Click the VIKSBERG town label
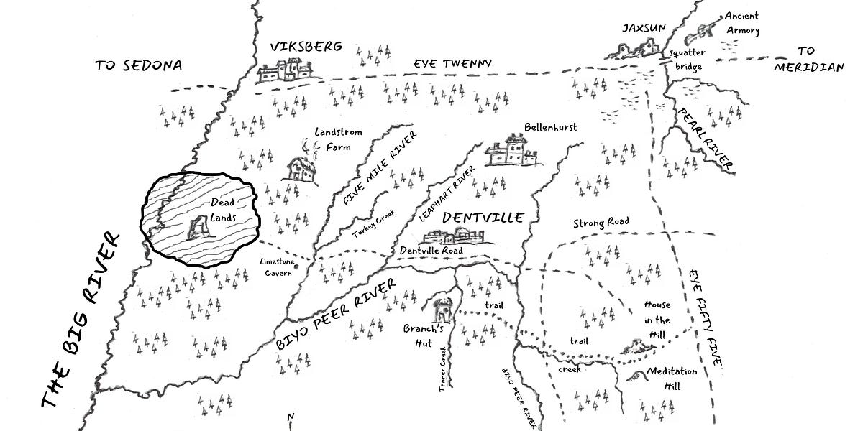(301, 47)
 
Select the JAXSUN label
(644, 28)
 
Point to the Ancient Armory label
(741, 23)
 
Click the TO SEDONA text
(139, 65)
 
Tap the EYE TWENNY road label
(452, 64)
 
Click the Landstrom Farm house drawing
(301, 168)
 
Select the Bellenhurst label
(551, 127)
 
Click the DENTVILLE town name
(482, 217)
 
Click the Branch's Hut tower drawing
(442, 310)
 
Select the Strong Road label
(601, 222)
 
